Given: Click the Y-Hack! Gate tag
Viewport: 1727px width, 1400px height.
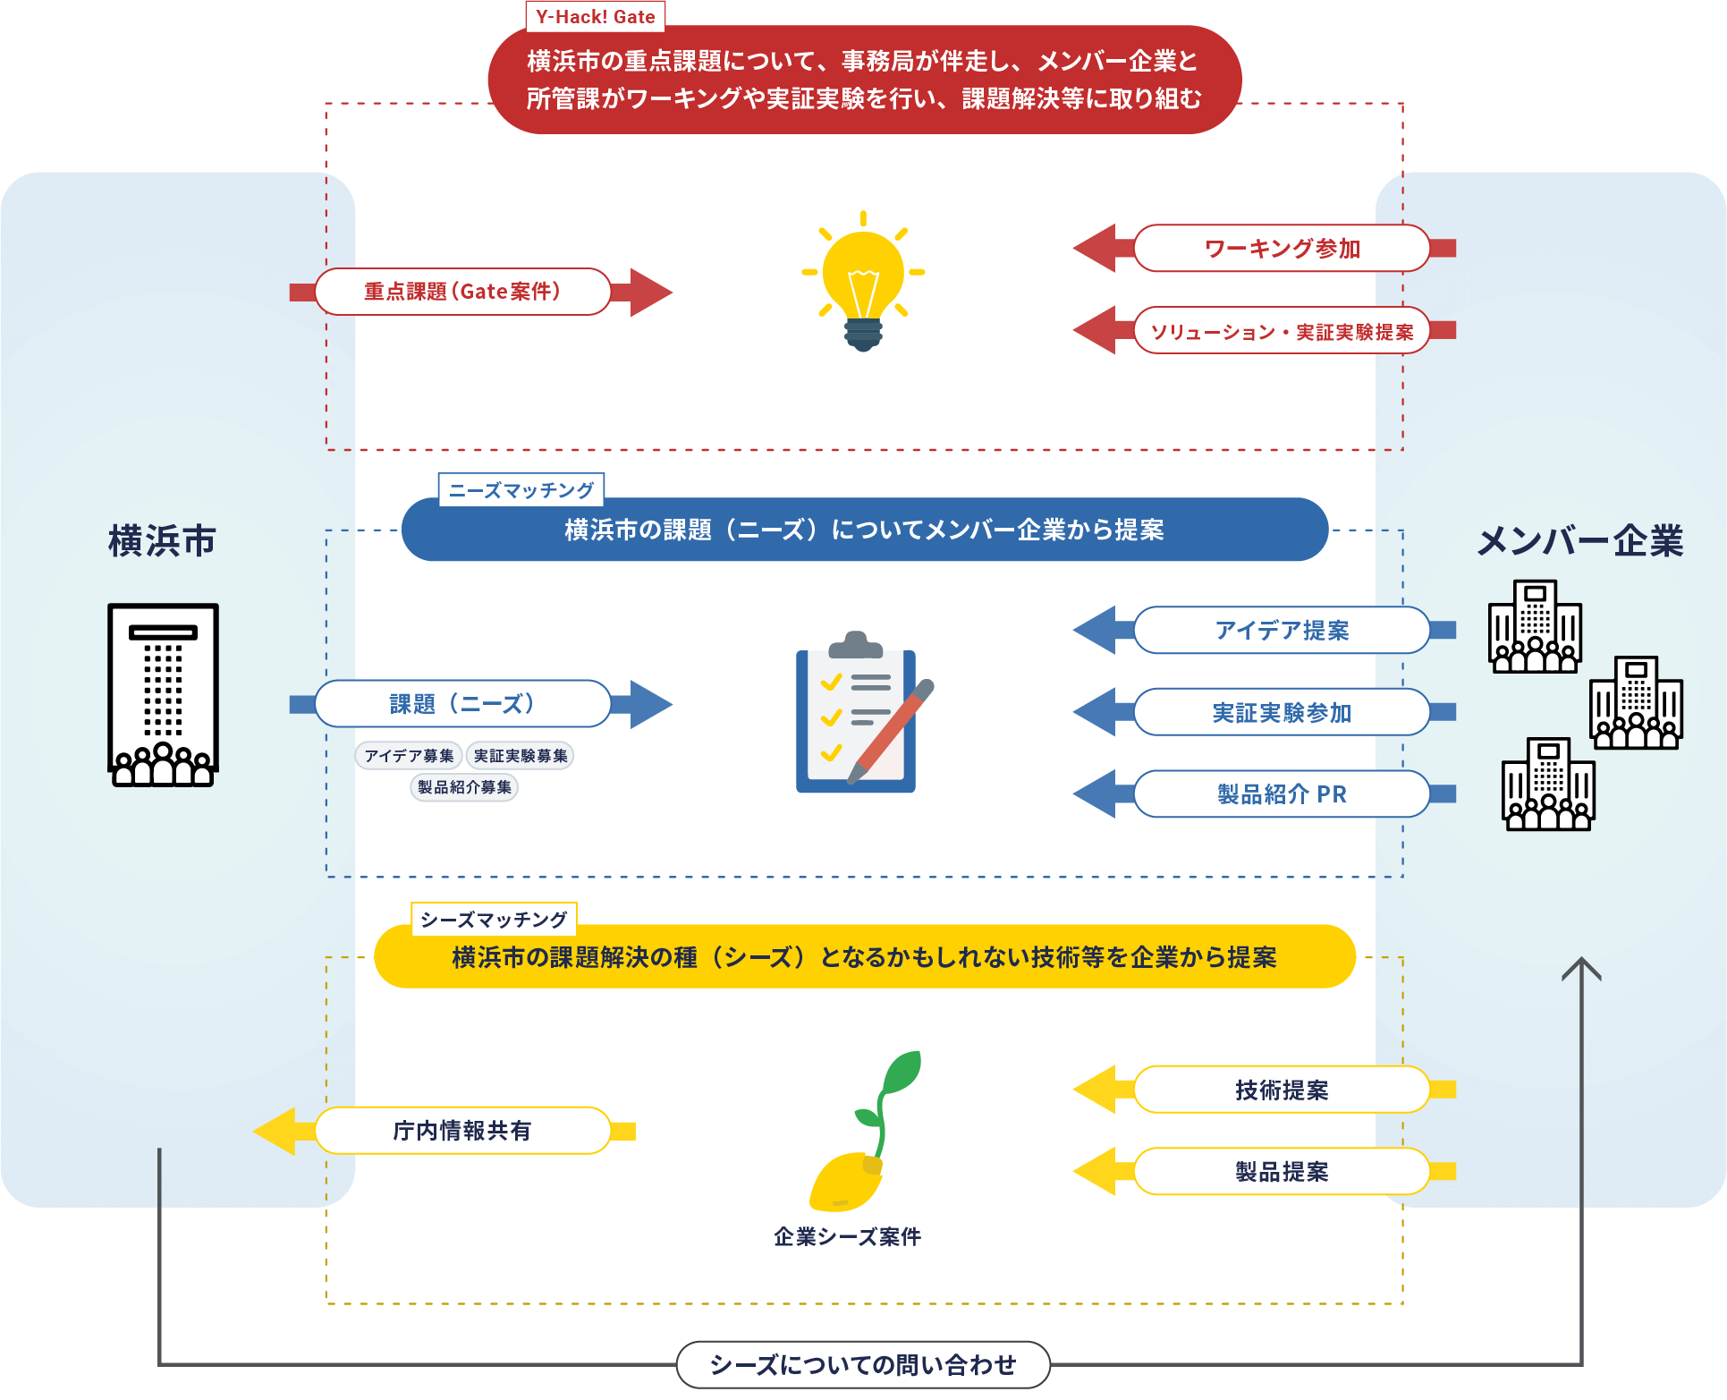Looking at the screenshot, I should click(x=595, y=17).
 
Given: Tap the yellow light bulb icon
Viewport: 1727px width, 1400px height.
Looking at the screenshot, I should click(x=863, y=281).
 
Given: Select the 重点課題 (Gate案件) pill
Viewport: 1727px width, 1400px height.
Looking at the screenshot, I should click(x=462, y=292).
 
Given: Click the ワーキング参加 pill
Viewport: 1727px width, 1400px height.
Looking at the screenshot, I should click(x=1281, y=249).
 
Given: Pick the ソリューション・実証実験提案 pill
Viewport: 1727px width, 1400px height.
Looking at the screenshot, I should click(x=1281, y=332).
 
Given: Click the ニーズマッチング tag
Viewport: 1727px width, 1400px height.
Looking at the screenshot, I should click(x=521, y=490).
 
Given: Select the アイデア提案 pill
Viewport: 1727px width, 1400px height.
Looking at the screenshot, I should click(x=1281, y=631).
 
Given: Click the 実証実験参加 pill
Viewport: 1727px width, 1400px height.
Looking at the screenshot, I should click(x=1281, y=713).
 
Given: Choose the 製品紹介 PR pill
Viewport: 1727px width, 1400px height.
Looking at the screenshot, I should click(x=1281, y=794).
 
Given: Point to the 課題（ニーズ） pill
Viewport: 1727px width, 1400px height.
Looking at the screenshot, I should click(x=462, y=704).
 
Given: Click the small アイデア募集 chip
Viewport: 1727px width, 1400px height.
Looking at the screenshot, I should click(x=409, y=756).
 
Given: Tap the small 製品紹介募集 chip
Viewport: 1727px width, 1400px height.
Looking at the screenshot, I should click(x=464, y=787).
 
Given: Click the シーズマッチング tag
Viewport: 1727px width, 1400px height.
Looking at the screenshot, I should click(x=494, y=920).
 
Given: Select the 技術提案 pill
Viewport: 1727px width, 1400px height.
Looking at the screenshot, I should click(x=1281, y=1090).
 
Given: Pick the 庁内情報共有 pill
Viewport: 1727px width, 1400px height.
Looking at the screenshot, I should click(x=462, y=1132).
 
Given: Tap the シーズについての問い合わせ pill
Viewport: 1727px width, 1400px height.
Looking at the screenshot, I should click(x=863, y=1365).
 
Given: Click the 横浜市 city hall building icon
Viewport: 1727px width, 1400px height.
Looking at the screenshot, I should click(x=163, y=695).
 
